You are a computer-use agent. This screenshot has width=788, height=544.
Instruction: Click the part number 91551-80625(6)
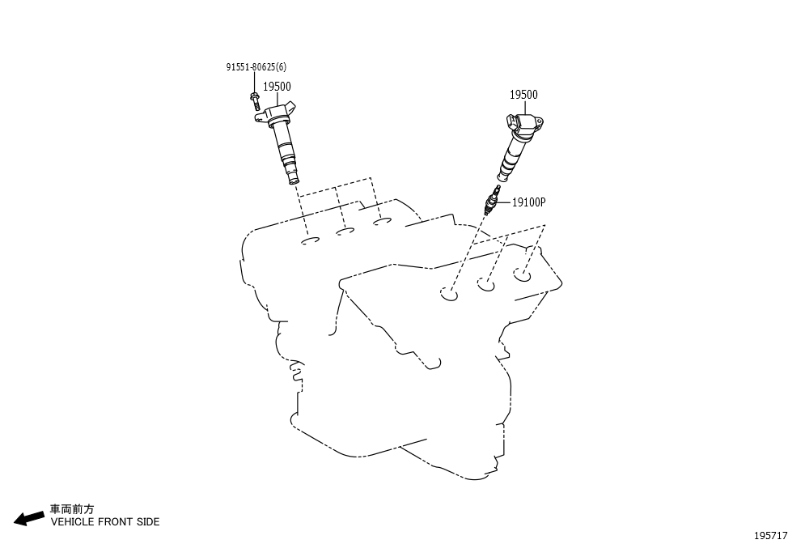coord(256,67)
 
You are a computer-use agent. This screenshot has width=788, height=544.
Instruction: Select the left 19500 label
coord(277,87)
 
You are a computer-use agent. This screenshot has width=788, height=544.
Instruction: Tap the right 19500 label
coord(523,95)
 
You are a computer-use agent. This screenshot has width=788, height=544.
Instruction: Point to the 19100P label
coord(528,202)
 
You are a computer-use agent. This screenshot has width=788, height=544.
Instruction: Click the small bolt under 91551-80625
coord(254,100)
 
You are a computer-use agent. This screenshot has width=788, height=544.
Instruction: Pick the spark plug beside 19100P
coord(492,200)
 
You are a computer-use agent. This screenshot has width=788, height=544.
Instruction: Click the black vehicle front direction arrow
coord(28,518)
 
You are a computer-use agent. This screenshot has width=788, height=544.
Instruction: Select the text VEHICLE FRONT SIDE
coord(105,522)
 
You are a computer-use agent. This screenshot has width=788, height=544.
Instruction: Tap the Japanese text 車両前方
coord(72,509)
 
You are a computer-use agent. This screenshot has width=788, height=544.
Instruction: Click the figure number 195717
coord(770,535)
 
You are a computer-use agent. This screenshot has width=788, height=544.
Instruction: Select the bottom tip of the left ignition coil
coord(294,181)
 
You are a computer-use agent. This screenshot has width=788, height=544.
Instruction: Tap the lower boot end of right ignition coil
coord(502,176)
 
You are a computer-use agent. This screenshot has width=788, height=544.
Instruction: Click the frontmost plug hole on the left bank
coord(311,242)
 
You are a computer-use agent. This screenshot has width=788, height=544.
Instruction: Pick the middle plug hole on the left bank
coord(345,232)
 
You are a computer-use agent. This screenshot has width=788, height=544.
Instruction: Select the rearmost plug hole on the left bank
coord(383,221)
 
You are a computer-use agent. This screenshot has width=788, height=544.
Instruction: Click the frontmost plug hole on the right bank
coord(449,293)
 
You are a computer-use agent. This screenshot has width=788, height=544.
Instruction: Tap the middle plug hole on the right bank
coord(486,285)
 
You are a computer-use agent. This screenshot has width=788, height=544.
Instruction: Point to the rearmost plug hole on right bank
coord(522,274)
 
